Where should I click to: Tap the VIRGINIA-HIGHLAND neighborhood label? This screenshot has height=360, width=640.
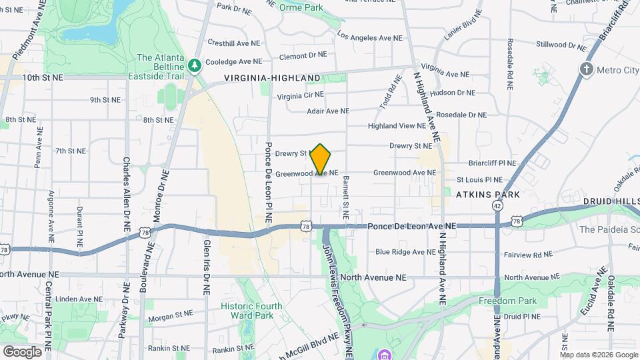[272, 78]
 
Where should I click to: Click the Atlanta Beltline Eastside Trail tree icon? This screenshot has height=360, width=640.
[194, 65]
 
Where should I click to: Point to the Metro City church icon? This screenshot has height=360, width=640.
[587, 69]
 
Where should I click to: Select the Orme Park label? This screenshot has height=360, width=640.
[301, 7]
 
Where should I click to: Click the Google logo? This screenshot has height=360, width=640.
[22, 351]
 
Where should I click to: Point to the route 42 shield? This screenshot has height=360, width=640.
[497, 206]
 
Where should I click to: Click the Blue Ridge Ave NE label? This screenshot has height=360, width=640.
[405, 252]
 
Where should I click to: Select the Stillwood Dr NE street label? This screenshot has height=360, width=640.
[561, 45]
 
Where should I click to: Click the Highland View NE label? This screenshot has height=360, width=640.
[397, 125]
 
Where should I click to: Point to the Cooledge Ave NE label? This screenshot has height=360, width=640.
[231, 61]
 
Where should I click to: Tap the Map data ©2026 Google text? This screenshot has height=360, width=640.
[598, 355]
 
